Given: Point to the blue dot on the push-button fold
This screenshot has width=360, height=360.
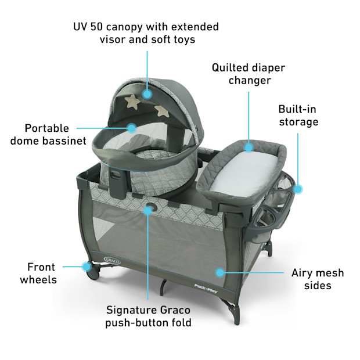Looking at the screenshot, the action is [148, 210].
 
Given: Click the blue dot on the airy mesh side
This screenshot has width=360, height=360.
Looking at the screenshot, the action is [219, 271].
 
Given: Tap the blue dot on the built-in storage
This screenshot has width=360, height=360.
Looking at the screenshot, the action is [298, 188].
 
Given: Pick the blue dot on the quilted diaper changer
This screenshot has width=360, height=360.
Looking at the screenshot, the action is [249, 148].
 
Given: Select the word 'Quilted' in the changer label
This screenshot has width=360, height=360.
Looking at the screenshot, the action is [230, 67].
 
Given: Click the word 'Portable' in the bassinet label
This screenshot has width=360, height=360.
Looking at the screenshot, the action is [46, 128].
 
